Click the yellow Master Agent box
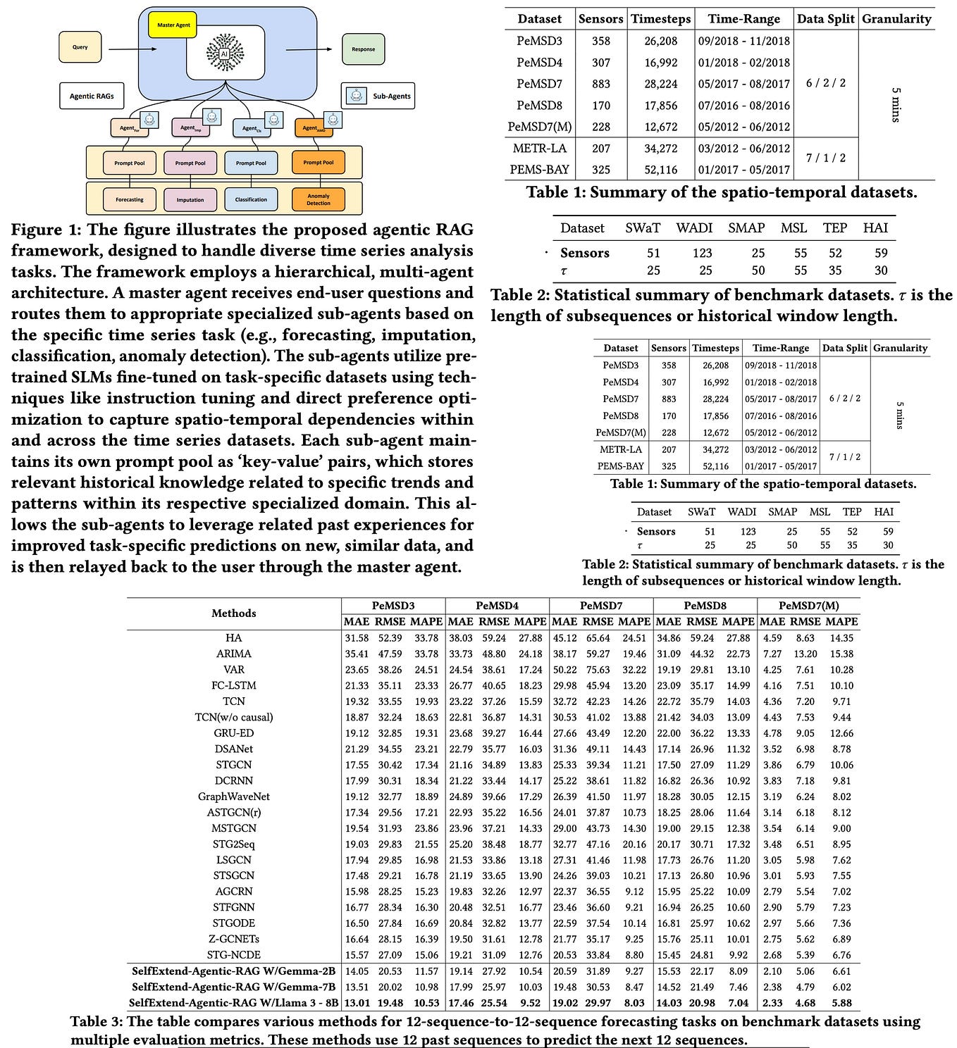pyautogui.click(x=173, y=25)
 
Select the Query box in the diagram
pyautogui.click(x=80, y=47)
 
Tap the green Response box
pyautogui.click(x=363, y=49)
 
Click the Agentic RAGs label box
pyautogui.click(x=92, y=96)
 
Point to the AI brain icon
pyautogui.click(x=225, y=53)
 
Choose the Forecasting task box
pyautogui.click(x=130, y=200)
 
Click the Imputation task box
pyautogui.click(x=190, y=200)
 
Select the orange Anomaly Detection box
pyautogui.click(x=319, y=200)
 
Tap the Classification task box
pyautogui.click(x=251, y=200)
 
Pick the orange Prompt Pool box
pyautogui.click(x=319, y=163)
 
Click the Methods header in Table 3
pyautogui.click(x=234, y=613)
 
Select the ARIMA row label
pyautogui.click(x=234, y=654)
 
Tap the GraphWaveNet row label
pyautogui.click(x=234, y=797)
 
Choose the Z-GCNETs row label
pyautogui.click(x=234, y=939)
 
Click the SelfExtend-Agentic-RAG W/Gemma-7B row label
pyautogui.click(x=233, y=987)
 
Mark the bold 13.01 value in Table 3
pyautogui.click(x=357, y=1002)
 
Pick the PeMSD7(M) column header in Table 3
pyautogui.click(x=808, y=606)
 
